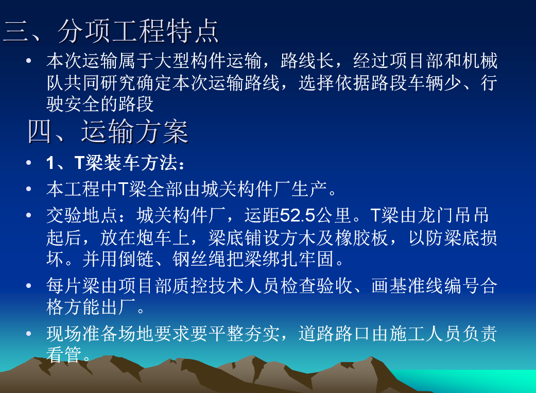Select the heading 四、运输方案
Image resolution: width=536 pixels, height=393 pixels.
point(108,132)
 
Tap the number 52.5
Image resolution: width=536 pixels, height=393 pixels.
point(298,215)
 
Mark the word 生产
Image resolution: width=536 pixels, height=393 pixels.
point(309,189)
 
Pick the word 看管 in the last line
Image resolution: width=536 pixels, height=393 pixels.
point(64,354)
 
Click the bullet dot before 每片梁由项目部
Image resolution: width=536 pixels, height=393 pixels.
point(29,285)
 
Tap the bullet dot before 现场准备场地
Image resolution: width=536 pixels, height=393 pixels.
point(29,333)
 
